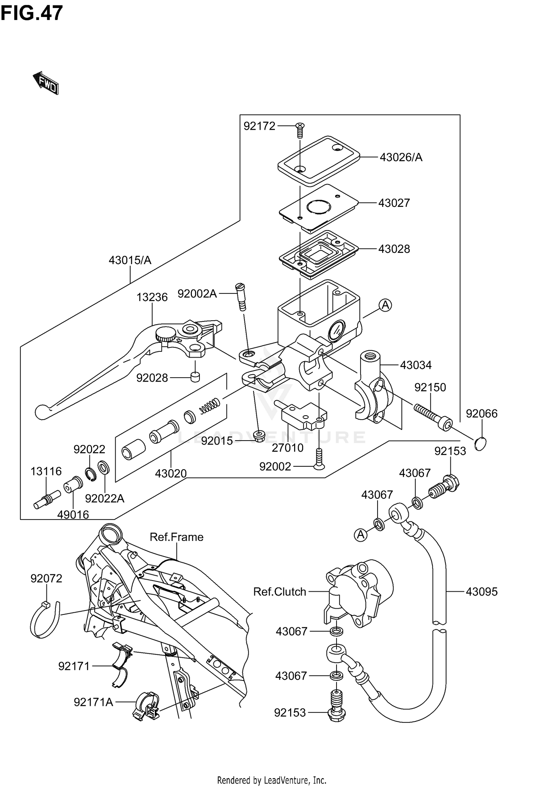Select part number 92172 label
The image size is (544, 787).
coord(259,126)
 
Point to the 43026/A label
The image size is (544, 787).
coord(401,157)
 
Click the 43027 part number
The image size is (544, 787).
coord(394,203)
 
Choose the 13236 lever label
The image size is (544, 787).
coord(152,297)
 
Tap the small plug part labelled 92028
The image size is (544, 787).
coord(195,377)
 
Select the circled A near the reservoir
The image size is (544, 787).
coord(386,305)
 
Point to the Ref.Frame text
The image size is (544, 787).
coord(177,537)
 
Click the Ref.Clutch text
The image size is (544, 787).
coord(280,592)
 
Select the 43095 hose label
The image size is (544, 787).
coord(482,592)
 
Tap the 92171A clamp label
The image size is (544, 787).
coord(93,702)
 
